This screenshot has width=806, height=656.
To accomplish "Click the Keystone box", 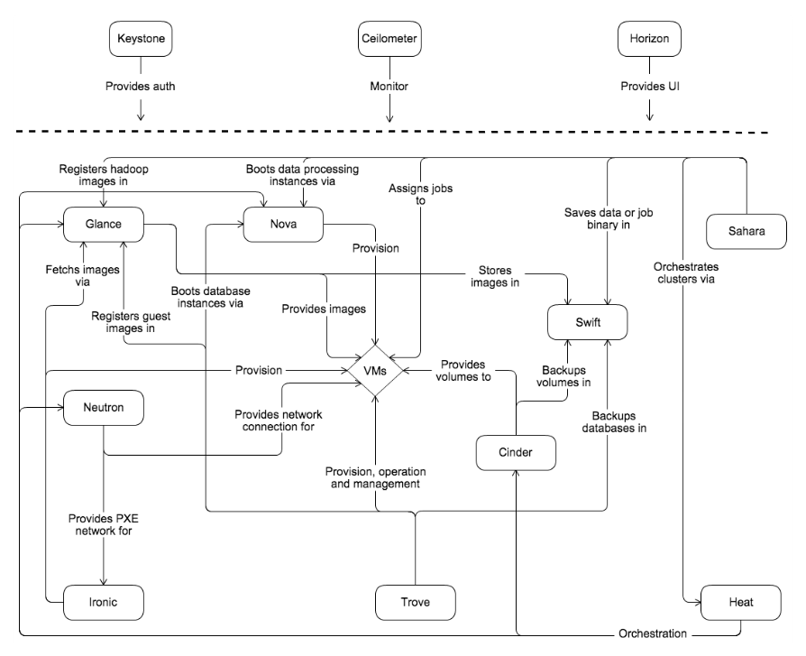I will point(140,39).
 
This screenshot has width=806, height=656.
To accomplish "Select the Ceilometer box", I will point(389,39).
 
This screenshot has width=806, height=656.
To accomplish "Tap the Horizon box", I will point(648,39).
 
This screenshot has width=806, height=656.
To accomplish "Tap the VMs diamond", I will point(376,371).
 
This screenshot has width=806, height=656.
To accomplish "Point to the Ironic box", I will point(105,600).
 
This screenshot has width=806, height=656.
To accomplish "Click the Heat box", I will point(740,601).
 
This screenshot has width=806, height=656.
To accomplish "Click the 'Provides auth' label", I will point(141,88).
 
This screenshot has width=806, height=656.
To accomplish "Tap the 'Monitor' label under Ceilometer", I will point(389,88).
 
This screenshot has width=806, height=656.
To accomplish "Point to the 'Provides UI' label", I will point(649,88).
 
